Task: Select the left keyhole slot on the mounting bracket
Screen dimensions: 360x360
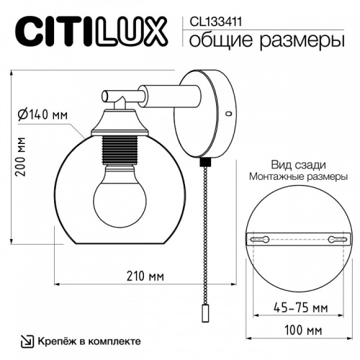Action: (x=260, y=238)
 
